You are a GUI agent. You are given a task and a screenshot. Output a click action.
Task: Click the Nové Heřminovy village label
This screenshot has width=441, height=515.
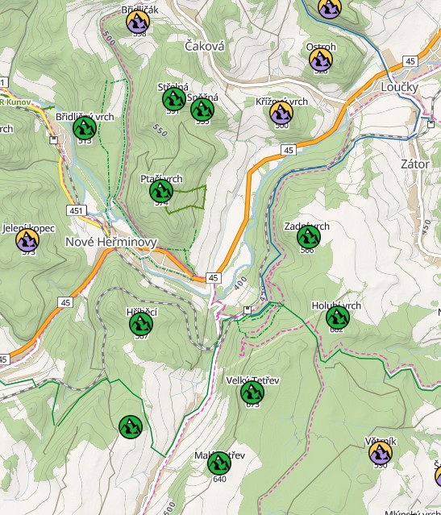105,243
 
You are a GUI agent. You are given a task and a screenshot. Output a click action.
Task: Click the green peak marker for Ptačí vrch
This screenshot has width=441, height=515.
162,191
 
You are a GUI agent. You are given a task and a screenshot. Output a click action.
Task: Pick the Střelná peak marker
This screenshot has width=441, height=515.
173,99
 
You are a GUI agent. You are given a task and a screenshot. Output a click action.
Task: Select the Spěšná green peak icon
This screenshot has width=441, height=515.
203,108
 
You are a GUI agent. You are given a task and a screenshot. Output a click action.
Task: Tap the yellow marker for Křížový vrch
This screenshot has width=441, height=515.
281,112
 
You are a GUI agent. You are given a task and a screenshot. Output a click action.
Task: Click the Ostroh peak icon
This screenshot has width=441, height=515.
322,58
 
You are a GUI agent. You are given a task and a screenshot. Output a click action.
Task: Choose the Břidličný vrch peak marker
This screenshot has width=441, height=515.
85,127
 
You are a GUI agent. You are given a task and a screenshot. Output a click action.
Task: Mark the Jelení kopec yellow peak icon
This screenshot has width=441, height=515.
28,239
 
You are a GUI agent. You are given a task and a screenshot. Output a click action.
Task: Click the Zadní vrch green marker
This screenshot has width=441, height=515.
308,237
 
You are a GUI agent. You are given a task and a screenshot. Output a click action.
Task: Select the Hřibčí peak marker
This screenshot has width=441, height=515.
141,324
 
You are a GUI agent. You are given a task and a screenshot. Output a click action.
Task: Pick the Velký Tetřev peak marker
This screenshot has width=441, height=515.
252,392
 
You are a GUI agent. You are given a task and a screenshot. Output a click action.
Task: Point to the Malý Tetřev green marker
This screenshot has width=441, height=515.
218,463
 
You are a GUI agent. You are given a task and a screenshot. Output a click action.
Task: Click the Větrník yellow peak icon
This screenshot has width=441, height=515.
381,453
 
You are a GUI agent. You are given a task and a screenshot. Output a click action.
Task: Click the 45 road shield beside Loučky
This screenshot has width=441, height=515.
410,62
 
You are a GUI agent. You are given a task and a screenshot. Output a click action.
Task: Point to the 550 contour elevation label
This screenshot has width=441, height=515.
157,128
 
